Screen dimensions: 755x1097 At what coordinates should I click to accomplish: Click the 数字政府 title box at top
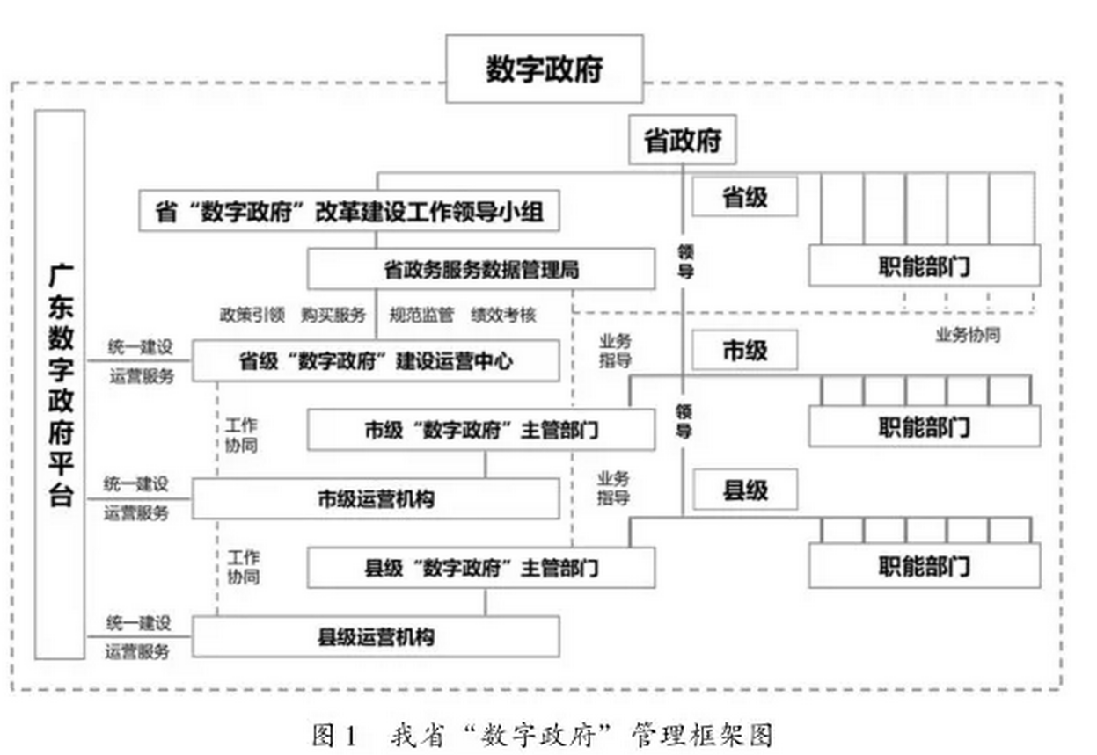click(x=545, y=69)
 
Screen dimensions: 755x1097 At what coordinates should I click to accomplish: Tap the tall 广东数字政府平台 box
click(x=60, y=384)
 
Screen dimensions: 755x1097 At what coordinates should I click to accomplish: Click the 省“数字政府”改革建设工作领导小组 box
click(x=349, y=212)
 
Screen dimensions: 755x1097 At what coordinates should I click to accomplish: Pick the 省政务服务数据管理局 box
click(x=480, y=269)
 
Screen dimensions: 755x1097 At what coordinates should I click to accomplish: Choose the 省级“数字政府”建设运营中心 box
click(x=376, y=360)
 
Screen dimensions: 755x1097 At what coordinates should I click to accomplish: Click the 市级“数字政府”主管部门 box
click(x=480, y=430)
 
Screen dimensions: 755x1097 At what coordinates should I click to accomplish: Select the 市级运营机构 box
click(x=376, y=498)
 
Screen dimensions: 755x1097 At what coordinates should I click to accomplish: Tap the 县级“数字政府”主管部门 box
click(x=480, y=567)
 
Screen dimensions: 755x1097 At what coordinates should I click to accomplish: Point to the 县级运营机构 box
click(x=376, y=636)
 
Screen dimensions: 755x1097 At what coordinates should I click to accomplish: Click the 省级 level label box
click(x=744, y=197)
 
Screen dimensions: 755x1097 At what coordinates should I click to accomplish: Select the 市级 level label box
click(x=744, y=350)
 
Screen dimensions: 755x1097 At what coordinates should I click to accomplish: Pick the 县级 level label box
click(x=744, y=490)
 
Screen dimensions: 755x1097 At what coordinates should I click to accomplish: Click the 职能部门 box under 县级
click(x=924, y=565)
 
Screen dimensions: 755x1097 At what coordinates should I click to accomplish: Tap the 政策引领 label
click(x=252, y=315)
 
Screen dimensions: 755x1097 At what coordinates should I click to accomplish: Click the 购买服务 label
click(x=333, y=315)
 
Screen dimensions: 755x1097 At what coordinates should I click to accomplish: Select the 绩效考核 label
click(x=503, y=315)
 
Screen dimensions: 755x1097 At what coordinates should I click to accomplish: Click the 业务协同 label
click(x=967, y=335)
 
